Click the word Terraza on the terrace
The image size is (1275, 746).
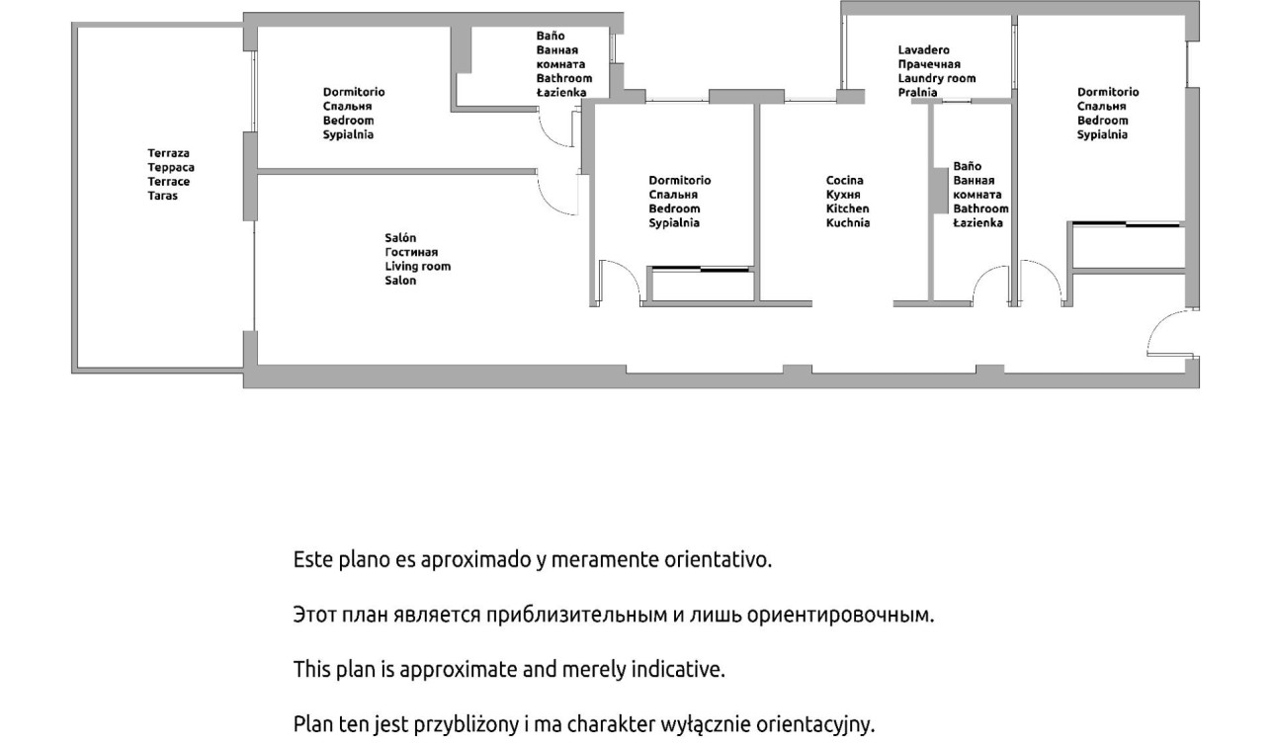[168, 153]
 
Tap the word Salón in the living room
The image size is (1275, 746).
[400, 238]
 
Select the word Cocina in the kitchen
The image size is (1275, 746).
[845, 181]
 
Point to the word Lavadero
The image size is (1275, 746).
[924, 50]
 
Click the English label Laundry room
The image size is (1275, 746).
[937, 78]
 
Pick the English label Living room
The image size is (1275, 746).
[418, 267]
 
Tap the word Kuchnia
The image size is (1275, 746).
[848, 223]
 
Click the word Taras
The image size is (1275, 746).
[163, 196]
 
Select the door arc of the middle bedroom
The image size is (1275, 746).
[631, 272]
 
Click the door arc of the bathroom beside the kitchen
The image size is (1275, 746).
[983, 276]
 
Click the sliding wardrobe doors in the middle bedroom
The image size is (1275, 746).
[700, 268]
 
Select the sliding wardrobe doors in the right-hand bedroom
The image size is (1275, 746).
[1126, 224]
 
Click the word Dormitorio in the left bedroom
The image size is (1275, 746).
[354, 92]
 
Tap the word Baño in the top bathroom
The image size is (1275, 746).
[551, 36]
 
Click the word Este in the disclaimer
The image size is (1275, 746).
[313, 560]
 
